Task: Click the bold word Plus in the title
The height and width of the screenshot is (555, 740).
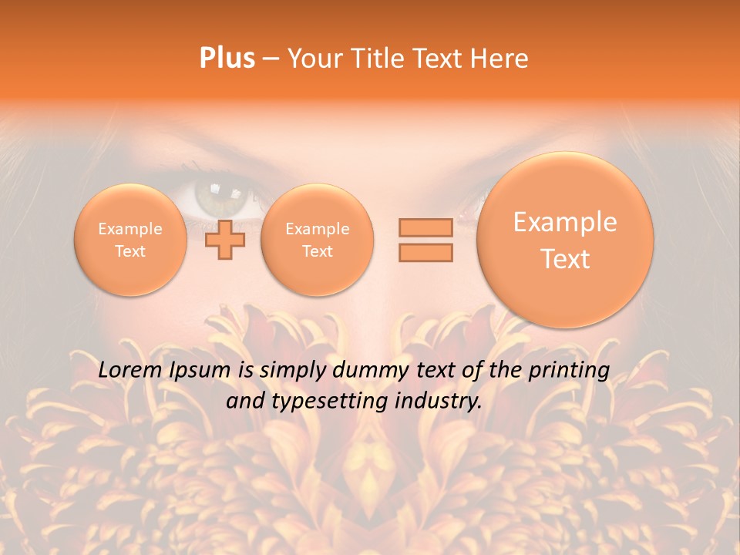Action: tap(227, 59)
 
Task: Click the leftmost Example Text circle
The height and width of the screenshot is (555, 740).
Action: tap(130, 240)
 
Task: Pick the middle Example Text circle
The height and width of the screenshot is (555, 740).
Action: tap(317, 240)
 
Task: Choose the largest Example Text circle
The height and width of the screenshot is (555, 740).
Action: tap(565, 240)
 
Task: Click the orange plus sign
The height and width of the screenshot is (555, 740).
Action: tap(225, 240)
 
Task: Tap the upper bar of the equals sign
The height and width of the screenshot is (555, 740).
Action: tap(425, 227)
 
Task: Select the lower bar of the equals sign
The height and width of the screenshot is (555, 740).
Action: tap(425, 252)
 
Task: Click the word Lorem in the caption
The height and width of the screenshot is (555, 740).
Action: tap(129, 371)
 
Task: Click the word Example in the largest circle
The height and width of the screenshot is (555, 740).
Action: tap(565, 222)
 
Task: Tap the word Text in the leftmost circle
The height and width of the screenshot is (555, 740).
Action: tap(130, 251)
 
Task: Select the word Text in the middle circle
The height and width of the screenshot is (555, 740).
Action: tap(317, 251)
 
